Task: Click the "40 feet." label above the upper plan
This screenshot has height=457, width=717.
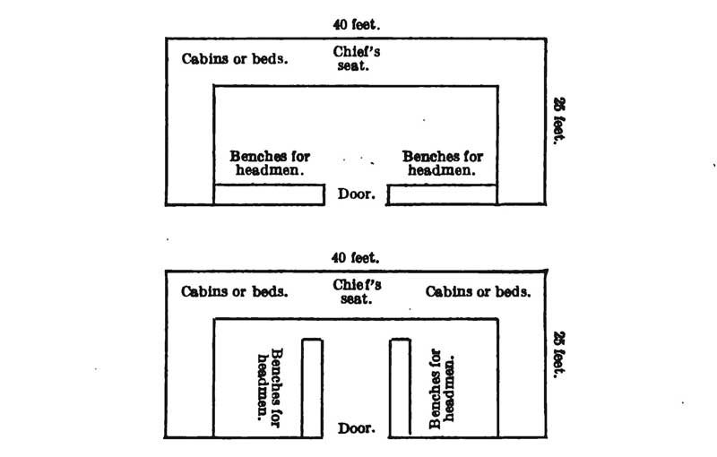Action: [x=357, y=24]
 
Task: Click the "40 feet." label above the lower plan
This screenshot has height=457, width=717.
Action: [x=355, y=258]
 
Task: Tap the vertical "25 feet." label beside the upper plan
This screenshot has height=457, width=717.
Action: [x=559, y=121]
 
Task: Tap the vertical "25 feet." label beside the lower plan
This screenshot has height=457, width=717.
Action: [x=559, y=355]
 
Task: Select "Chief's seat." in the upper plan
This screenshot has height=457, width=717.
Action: [x=356, y=58]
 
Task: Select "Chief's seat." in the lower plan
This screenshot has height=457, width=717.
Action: [x=357, y=291]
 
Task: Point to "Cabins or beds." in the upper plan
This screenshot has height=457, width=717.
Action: [x=235, y=59]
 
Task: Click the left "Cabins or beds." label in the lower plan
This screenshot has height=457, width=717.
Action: [x=235, y=291]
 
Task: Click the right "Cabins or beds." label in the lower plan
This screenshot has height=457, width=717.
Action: [x=478, y=291]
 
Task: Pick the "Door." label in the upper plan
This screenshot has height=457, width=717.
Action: [x=357, y=194]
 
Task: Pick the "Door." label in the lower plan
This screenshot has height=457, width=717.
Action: [x=357, y=428]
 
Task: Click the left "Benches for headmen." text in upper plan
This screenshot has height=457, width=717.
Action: [x=270, y=163]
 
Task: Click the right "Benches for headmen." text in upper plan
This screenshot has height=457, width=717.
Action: [x=442, y=163]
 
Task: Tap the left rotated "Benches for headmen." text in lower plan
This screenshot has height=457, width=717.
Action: [x=270, y=387]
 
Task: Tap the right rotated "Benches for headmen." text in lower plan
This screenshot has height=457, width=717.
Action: [x=442, y=389]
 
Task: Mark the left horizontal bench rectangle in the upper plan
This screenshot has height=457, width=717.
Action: [x=270, y=194]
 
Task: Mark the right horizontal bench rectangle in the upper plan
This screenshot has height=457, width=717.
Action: [x=442, y=194]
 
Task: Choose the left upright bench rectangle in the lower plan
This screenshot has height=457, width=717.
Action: [x=312, y=388]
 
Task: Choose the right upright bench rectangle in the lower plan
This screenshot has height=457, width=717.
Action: [x=401, y=388]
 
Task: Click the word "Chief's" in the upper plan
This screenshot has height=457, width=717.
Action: [x=357, y=52]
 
